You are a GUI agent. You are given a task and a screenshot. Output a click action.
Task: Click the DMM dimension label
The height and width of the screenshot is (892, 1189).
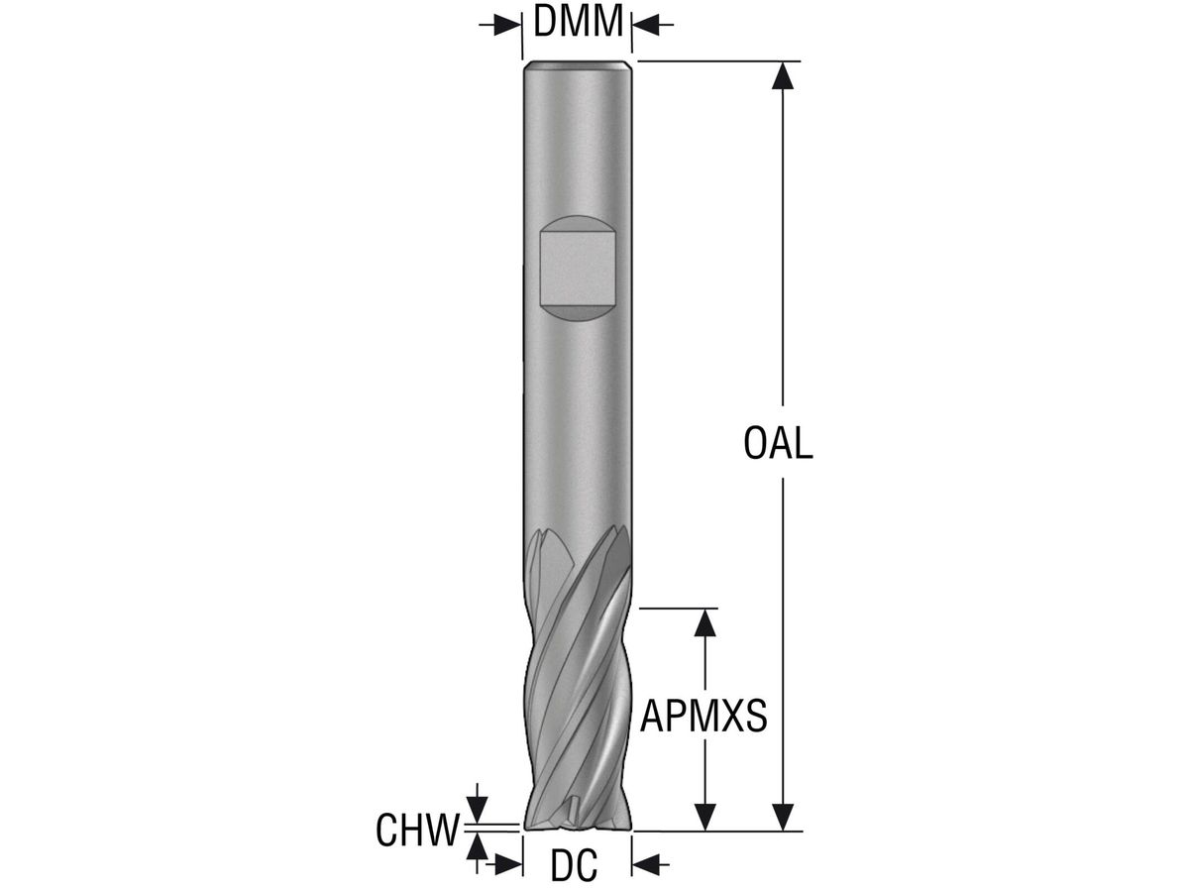point(578,22)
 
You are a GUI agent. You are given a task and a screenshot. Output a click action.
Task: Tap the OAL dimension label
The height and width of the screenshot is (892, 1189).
point(778,444)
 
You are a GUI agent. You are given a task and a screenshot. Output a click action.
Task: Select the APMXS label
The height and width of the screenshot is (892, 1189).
point(703,716)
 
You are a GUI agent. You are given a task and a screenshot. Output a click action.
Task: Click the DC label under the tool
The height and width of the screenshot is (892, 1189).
point(574,865)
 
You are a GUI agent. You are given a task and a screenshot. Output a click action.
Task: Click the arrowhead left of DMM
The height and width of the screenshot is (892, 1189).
point(508,25)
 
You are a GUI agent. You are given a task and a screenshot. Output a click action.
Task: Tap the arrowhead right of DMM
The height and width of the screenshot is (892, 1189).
point(646,25)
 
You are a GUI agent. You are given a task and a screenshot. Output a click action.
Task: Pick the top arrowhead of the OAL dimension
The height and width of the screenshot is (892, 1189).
point(783,76)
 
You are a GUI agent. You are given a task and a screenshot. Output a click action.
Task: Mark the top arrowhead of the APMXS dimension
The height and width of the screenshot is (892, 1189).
point(704,622)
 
